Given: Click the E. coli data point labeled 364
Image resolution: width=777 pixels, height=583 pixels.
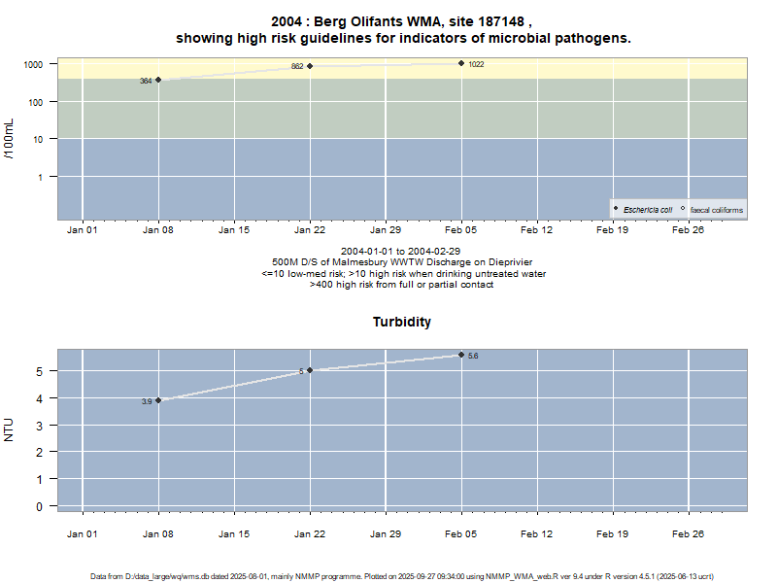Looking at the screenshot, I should (x=158, y=80).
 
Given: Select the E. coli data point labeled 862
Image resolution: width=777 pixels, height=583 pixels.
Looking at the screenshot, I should (x=310, y=66).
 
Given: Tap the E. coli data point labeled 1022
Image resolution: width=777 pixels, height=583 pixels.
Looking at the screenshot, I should (x=461, y=63).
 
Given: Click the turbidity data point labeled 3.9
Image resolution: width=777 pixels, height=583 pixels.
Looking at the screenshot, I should (x=158, y=400).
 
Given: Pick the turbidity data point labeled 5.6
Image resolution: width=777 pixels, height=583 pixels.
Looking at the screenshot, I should (x=461, y=355).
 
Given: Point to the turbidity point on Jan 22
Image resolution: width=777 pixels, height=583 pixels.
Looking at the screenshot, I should (x=310, y=370).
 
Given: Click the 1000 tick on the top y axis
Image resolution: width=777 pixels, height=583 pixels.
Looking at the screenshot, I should (x=34, y=64).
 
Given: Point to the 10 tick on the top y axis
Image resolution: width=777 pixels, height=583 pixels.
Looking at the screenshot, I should (x=40, y=139).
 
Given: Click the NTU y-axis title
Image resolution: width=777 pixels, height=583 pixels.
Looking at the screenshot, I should (x=10, y=429).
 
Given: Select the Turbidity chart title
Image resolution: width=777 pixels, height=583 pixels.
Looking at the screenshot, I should (x=402, y=322).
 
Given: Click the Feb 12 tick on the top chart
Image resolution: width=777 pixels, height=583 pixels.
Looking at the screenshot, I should (x=537, y=231).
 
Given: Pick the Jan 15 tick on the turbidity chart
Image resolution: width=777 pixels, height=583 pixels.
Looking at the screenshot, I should (x=234, y=533).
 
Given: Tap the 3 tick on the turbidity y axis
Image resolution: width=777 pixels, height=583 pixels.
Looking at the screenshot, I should (x=40, y=426).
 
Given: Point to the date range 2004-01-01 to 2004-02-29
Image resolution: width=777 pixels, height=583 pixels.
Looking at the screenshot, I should (x=402, y=252).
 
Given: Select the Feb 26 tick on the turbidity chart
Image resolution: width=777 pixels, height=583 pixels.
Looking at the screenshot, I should (x=689, y=533).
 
